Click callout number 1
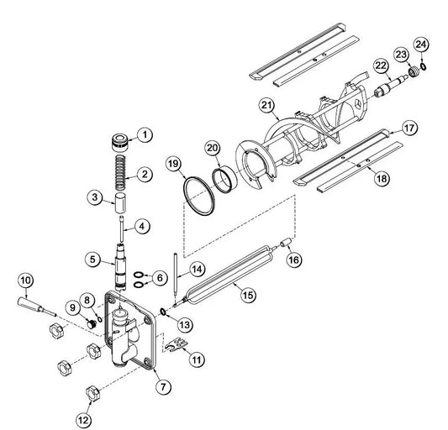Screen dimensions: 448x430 [145, 134]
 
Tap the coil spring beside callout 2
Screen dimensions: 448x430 [120, 173]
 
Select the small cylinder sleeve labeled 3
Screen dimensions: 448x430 [120, 203]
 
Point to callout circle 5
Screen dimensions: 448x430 [92, 260]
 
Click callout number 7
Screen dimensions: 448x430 [163, 386]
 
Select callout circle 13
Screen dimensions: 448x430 [185, 325]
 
